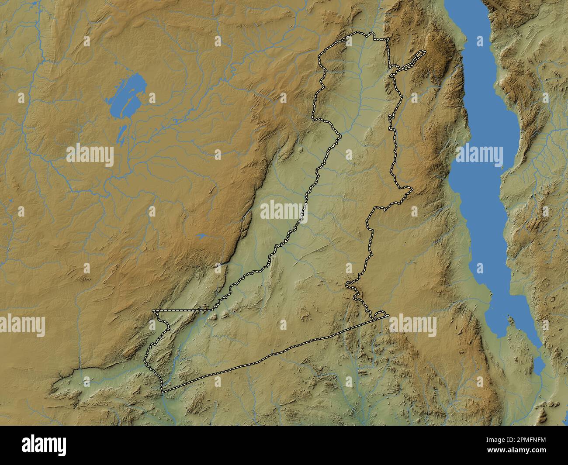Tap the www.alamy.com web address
pos(518,451)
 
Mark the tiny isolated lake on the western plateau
pos(201,236)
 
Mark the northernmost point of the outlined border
pos(358,33)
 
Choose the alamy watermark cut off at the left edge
pos(22,326)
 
